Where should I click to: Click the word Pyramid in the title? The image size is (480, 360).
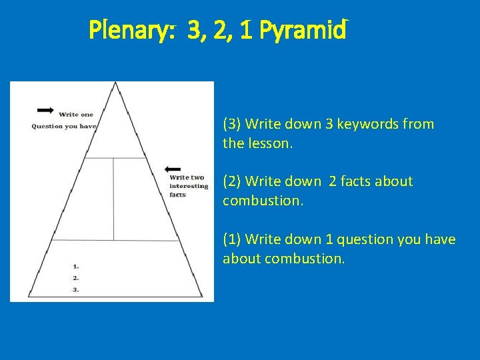[304, 31]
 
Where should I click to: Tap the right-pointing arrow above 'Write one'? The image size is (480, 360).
[46, 109]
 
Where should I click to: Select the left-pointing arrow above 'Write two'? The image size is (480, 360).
[172, 169]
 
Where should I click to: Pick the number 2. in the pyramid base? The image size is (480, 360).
[75, 277]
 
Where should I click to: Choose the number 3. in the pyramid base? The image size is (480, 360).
[75, 289]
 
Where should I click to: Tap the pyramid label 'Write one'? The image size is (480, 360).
[76, 115]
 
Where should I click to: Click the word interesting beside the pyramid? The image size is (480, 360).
[189, 187]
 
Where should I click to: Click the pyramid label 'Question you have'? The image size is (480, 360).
[64, 126]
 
